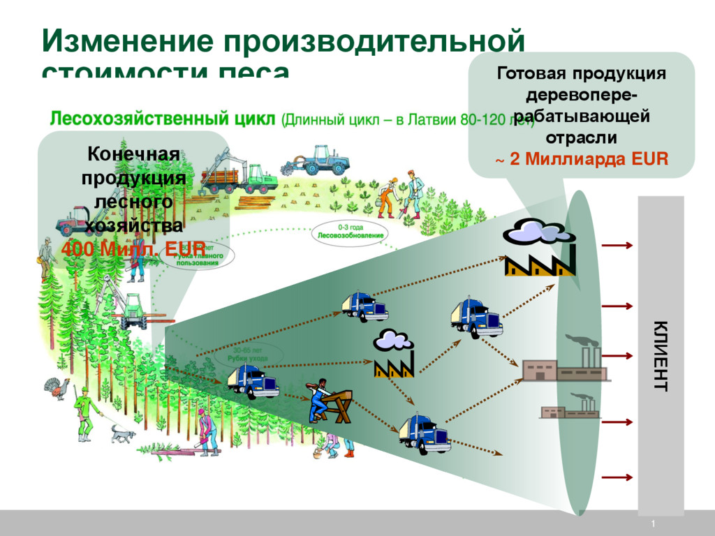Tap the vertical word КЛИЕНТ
tap(660, 356)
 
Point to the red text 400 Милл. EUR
tap(133, 248)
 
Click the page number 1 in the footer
tap(653, 524)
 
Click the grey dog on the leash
tap(124, 434)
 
